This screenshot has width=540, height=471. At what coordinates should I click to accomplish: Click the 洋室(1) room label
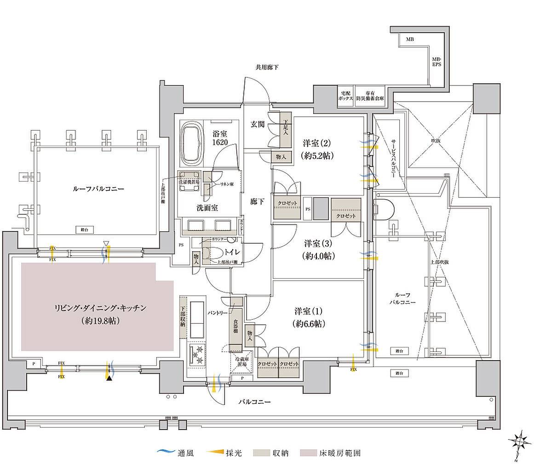click(x=308, y=317)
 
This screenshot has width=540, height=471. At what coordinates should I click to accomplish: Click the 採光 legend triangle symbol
click(x=210, y=453)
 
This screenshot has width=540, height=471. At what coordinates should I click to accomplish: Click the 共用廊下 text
click(x=267, y=68)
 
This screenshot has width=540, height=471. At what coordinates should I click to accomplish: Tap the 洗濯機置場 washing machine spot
click(x=189, y=178)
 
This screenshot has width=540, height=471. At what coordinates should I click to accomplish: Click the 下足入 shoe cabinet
click(x=285, y=130)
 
